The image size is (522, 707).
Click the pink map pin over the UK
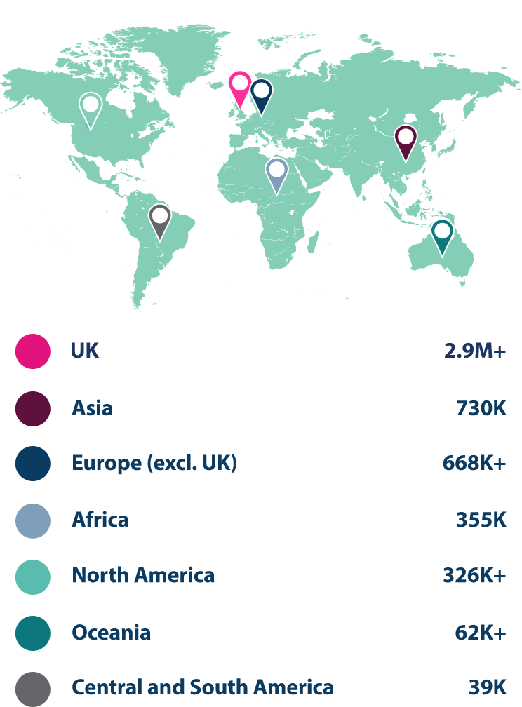pos(240,86)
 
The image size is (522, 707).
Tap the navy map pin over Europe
pos(262,94)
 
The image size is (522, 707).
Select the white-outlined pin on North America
pos(91,108)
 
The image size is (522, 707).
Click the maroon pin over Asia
pos(406,140)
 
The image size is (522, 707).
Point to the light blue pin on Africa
pos(277,173)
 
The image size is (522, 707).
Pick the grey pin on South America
pos(161,218)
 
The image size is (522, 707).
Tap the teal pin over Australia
pos(442,234)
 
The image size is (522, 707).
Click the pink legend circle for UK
pos(33,351)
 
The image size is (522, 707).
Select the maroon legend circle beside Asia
pos(33,408)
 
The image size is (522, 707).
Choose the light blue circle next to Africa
pos(33,520)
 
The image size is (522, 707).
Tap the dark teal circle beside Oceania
pos(33,633)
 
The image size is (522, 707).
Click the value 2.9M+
pos(474,351)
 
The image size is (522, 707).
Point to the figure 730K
pos(481,408)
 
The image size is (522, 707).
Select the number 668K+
pos(474,464)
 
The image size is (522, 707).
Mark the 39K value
pos(487,687)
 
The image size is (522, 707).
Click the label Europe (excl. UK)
pos(154,464)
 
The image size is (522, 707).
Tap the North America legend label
pos(143,576)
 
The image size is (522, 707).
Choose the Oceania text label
pos(111,633)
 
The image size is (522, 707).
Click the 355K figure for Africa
pos(481,520)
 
